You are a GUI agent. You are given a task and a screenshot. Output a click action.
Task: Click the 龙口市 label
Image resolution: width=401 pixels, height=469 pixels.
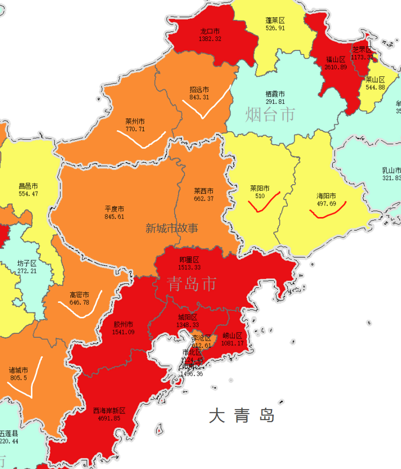tap(210, 32)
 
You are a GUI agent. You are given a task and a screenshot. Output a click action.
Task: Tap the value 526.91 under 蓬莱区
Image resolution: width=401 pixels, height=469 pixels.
tap(275, 28)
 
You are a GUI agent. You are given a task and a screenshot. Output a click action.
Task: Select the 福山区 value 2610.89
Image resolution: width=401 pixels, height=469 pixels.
tap(335, 67)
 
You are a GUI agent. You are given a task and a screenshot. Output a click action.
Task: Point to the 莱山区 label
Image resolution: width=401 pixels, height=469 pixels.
tap(375, 80)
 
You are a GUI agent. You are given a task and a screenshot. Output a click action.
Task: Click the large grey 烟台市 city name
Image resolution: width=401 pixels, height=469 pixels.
tap(270, 114)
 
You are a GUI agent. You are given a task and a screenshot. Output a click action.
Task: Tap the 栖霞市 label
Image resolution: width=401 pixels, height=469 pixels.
tap(275, 94)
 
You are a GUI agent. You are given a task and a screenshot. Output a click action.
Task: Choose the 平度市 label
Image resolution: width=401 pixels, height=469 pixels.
tap(114, 209)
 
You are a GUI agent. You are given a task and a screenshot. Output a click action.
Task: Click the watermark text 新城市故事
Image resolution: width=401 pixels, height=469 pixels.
tap(172, 228)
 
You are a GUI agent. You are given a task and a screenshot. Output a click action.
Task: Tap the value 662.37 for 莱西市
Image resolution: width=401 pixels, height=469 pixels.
tap(204, 199)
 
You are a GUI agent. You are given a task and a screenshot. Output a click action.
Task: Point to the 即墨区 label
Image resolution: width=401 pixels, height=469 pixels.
tap(189, 260)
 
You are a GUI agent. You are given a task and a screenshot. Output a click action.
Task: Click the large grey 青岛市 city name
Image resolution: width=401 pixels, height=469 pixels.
tap(192, 284)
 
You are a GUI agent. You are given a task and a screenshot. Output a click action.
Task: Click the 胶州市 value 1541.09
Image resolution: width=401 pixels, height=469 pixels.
tap(123, 332)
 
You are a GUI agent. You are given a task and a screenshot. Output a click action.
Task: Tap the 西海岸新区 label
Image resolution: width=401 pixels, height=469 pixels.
tap(109, 411)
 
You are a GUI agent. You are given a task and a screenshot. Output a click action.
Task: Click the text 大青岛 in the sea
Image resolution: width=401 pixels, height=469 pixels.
tap(242, 416)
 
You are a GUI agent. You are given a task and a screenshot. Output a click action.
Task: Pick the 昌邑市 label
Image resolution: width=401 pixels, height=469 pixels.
tap(28, 186)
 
